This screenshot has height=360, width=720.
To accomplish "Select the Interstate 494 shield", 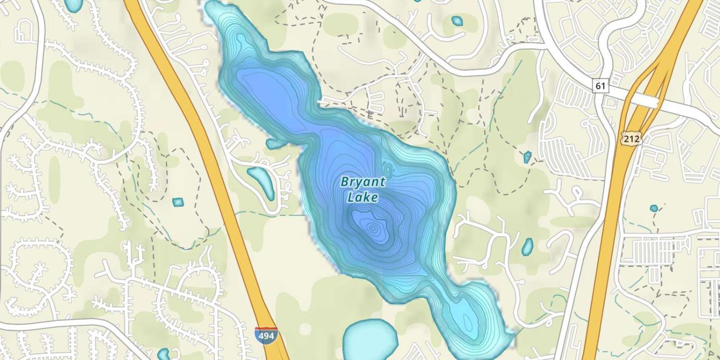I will tap(265, 335).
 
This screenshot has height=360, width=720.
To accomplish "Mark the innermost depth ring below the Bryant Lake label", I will tap(373, 228).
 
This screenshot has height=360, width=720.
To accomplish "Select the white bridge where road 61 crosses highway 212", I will tap(646, 100).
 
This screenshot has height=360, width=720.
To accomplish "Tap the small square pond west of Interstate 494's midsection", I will tap(178, 202).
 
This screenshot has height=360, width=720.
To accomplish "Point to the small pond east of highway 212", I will tap(654, 208).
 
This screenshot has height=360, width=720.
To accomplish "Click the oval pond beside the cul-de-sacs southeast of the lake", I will tap(528, 246).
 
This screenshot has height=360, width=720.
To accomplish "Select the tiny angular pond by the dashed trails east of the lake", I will tap(528, 157).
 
